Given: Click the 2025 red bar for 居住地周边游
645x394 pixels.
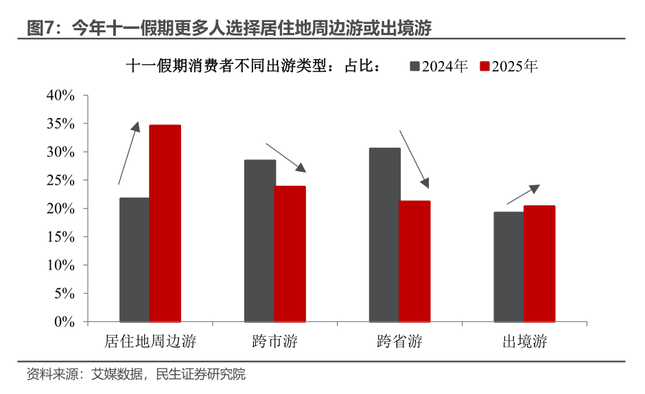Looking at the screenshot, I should click(x=165, y=223).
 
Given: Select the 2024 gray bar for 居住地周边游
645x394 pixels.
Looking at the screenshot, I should click(x=134, y=259).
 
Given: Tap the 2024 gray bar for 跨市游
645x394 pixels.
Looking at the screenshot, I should click(x=260, y=240).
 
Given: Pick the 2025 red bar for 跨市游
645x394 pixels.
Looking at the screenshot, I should click(x=290, y=253).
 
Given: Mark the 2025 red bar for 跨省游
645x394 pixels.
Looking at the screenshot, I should click(x=415, y=261).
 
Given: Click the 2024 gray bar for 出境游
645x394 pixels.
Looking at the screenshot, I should click(x=509, y=266).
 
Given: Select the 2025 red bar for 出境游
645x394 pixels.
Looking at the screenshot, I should click(x=539, y=263).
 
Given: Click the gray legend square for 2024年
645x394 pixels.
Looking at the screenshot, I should click(x=414, y=67).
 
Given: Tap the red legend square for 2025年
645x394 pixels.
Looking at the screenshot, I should click(x=484, y=67).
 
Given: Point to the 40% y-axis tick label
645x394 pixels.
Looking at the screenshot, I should click(x=60, y=95).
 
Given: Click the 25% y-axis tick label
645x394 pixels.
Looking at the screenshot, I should click(x=60, y=180).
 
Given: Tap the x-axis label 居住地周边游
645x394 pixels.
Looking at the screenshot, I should click(x=150, y=341).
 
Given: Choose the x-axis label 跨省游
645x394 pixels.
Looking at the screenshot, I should click(x=399, y=341).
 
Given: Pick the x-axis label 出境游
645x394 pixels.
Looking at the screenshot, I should click(x=524, y=341).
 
